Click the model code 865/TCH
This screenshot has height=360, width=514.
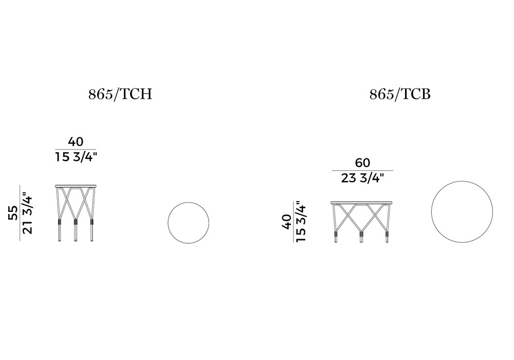pyautogui.click(x=120, y=95)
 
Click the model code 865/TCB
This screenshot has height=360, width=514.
pyautogui.click(x=400, y=95)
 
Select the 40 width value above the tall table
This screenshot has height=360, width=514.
pyautogui.click(x=76, y=141)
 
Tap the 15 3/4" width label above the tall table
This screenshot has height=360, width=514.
pyautogui.click(x=76, y=157)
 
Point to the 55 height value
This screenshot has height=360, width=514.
pyautogui.click(x=13, y=213)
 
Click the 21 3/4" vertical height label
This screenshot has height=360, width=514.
pyautogui.click(x=28, y=214)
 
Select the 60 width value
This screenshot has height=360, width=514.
pyautogui.click(x=362, y=163)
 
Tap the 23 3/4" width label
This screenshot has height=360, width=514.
pyautogui.click(x=362, y=178)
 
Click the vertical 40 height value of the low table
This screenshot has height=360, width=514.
pyautogui.click(x=287, y=222)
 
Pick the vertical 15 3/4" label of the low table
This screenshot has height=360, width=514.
pyautogui.click(x=301, y=221)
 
